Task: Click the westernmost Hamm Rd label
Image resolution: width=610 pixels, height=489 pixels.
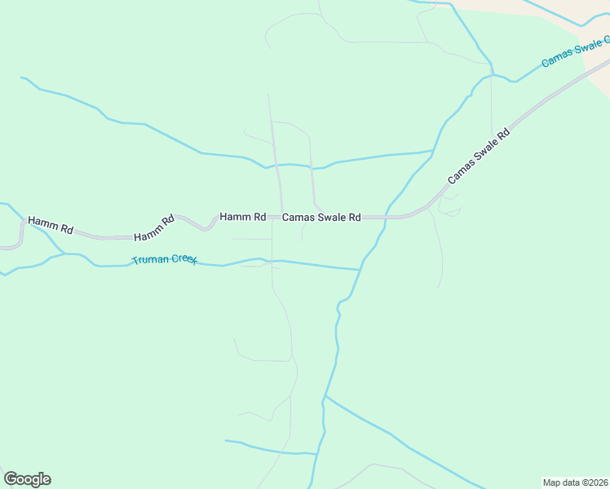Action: [50, 225]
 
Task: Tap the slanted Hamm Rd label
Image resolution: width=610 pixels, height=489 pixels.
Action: [154, 227]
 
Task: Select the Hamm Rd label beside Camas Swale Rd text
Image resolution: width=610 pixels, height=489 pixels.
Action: [242, 218]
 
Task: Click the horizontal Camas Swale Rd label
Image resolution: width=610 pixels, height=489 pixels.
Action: [321, 218]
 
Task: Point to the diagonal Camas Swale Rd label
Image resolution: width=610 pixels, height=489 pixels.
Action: [478, 156]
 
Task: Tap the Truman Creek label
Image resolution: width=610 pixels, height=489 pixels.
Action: [165, 260]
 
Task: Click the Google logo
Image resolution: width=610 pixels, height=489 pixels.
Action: [27, 479]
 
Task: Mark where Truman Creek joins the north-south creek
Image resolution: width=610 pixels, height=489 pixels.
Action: [360, 270]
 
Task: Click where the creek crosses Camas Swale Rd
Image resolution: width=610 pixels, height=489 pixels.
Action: [384, 218]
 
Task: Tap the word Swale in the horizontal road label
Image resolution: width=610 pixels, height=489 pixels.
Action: [329, 218]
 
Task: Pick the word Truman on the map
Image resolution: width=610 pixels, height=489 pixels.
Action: [148, 260]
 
